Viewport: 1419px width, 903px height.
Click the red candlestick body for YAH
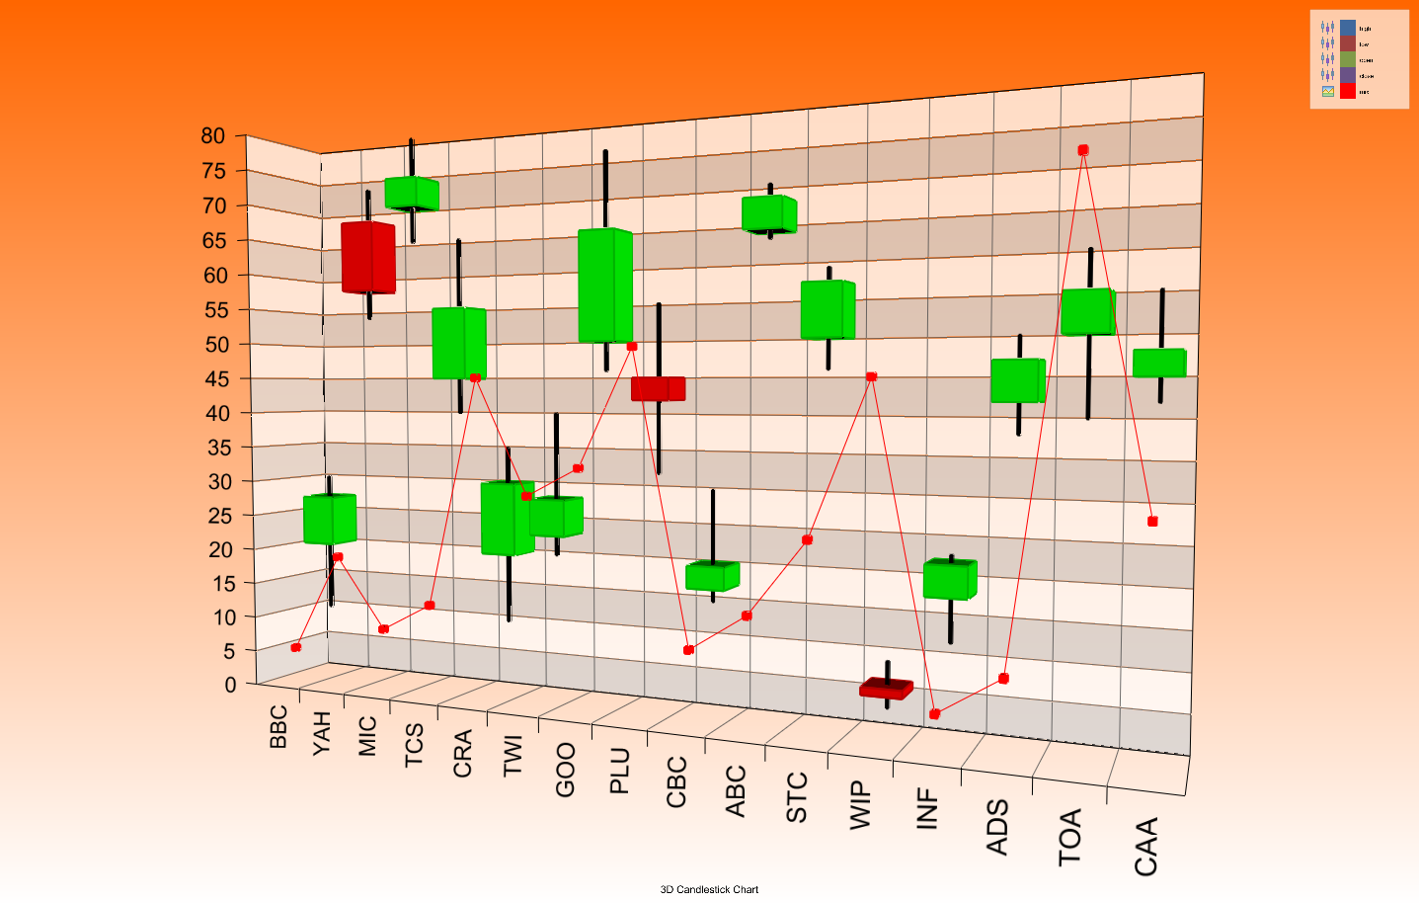click(368, 258)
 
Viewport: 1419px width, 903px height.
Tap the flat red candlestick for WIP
click(886, 689)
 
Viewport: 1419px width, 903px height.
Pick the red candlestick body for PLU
click(658, 388)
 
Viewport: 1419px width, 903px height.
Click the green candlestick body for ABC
click(769, 214)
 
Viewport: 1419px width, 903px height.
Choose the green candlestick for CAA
click(1159, 363)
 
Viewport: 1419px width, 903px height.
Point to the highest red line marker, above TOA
click(1083, 150)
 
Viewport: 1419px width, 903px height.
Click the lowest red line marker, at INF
click(935, 714)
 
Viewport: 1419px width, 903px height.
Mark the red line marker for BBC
click(296, 647)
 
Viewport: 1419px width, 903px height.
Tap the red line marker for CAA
click(1152, 522)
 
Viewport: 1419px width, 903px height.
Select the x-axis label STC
click(797, 797)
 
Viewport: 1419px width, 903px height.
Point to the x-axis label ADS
click(997, 827)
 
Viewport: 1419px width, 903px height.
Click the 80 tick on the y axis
click(213, 136)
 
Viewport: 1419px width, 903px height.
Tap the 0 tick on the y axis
click(230, 684)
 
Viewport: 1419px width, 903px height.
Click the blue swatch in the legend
click(1348, 28)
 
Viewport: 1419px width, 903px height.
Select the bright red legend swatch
click(1348, 91)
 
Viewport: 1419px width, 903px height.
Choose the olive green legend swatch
click(1348, 59)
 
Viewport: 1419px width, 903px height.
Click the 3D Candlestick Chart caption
click(709, 889)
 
